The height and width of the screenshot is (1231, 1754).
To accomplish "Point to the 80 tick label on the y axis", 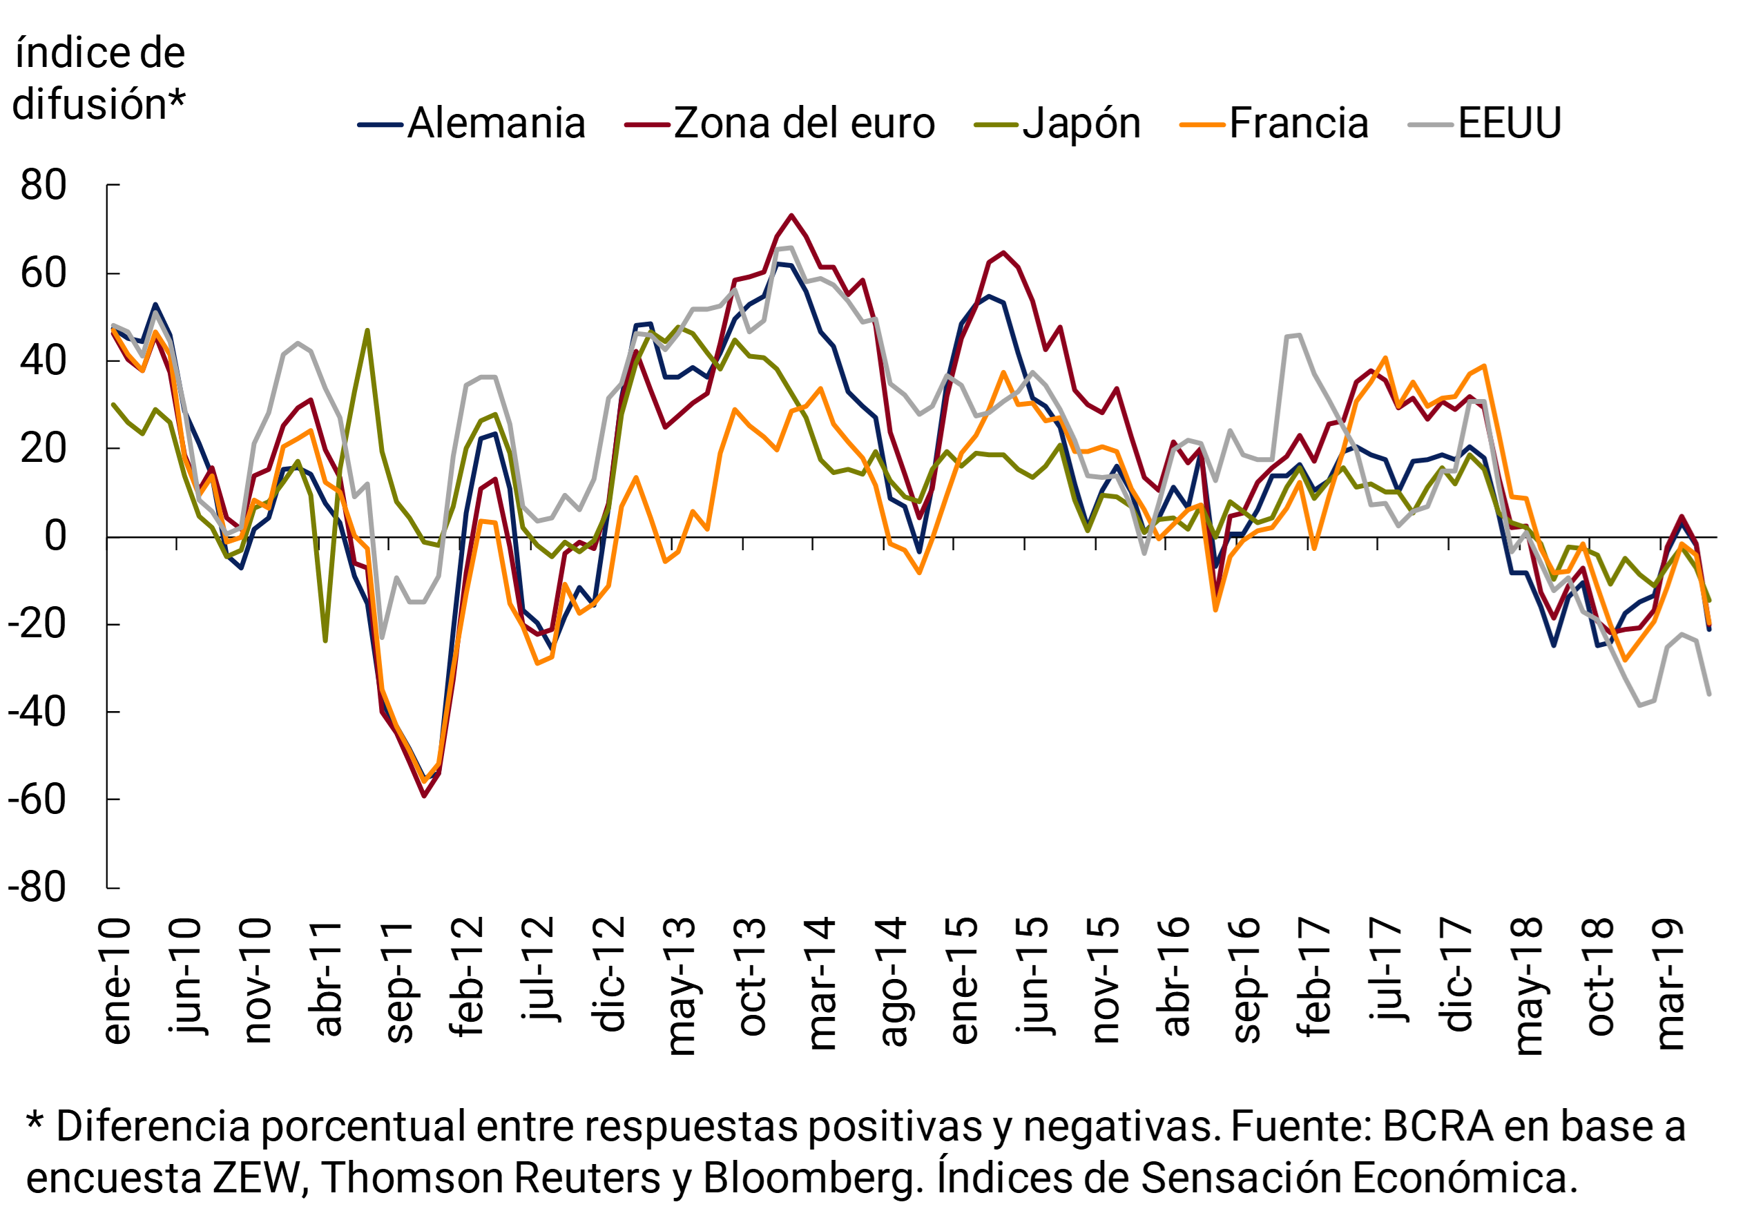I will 44,186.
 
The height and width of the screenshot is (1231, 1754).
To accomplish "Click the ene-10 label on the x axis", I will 116,980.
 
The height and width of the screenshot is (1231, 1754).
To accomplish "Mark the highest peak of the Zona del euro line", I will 791,215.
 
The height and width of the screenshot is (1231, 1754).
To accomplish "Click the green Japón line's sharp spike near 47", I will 367,331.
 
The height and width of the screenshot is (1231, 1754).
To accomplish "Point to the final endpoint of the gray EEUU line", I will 1709,694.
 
